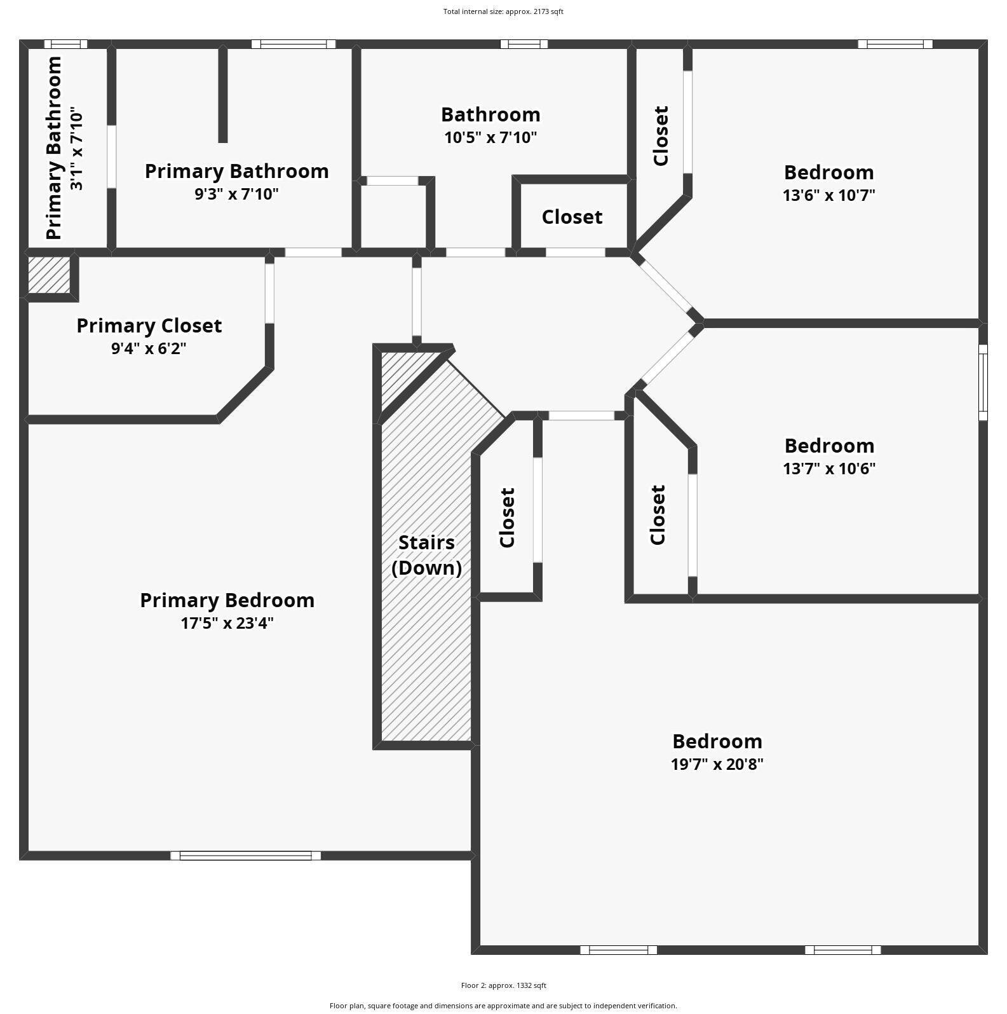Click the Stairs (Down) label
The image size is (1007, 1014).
tap(426, 555)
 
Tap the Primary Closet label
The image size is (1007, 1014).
tap(149, 325)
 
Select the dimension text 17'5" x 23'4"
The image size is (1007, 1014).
tap(227, 623)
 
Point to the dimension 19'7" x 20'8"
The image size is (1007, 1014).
tap(717, 764)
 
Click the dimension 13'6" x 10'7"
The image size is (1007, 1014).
tap(828, 195)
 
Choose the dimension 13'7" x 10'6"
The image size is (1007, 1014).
tap(828, 469)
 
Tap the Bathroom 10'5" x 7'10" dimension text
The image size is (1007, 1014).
tap(490, 137)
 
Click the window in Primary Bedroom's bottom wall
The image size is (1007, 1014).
tap(245, 856)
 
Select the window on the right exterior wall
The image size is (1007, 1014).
tap(983, 382)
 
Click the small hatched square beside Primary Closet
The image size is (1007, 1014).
tap(49, 275)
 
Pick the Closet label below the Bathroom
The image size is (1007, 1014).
tap(572, 217)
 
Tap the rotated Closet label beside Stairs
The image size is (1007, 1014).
tap(507, 517)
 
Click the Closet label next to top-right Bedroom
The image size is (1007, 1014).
tap(661, 136)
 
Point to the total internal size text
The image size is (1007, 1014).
tap(503, 11)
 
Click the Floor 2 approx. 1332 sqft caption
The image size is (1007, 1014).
tap(503, 985)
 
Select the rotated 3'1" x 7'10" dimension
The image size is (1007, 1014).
tap(76, 150)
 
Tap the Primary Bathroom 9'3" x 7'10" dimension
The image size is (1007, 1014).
tap(236, 194)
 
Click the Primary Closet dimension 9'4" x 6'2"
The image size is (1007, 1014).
tap(149, 348)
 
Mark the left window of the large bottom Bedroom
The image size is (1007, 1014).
tap(618, 950)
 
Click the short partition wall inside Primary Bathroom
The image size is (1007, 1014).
tap(222, 95)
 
